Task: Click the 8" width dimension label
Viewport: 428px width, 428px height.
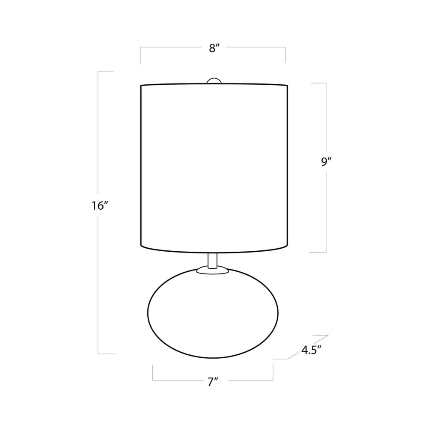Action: click(214, 48)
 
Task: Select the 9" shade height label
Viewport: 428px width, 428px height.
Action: click(326, 162)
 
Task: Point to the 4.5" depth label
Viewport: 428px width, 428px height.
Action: click(311, 350)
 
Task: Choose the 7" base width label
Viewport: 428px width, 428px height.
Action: click(213, 382)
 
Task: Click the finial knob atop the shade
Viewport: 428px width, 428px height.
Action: click(214, 81)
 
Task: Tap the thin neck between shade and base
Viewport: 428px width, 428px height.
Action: click(212, 261)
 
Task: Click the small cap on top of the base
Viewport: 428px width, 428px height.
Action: click(212, 270)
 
